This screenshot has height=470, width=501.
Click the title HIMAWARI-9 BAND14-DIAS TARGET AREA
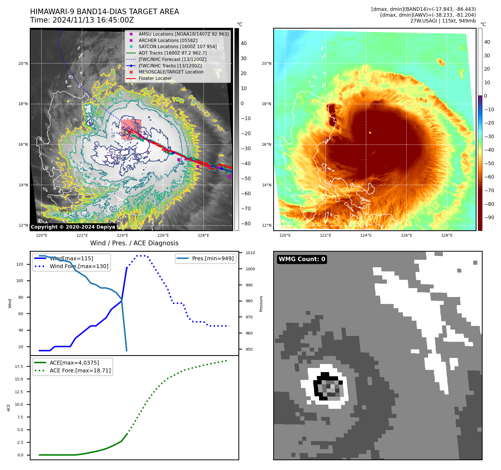pyautogui.click(x=104, y=12)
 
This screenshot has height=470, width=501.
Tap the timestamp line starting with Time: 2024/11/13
pyautogui.click(x=82, y=20)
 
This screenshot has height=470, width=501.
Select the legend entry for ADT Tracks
pyautogui.click(x=172, y=53)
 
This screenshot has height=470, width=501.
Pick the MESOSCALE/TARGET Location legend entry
pyautogui.click(x=171, y=72)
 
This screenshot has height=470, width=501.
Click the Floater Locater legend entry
pyautogui.click(x=155, y=78)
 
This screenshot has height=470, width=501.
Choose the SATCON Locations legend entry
pyautogui.click(x=177, y=46)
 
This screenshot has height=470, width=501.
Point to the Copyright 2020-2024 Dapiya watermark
pyautogui.click(x=73, y=227)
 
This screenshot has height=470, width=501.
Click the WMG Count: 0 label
pyautogui.click(x=302, y=259)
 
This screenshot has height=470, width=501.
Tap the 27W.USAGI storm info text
pyautogui.click(x=443, y=21)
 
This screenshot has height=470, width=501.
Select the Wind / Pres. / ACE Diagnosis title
pyautogui.click(x=134, y=243)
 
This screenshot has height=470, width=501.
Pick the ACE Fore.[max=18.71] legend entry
pyautogui.click(x=80, y=370)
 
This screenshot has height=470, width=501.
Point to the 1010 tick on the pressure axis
pyautogui.click(x=250, y=253)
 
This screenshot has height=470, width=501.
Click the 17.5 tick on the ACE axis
pyautogui.click(x=19, y=367)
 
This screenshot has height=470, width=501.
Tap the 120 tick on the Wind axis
pyautogui.click(x=20, y=264)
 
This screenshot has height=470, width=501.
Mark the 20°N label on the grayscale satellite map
pyautogui.click(x=23, y=63)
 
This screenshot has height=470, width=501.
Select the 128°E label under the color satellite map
pyautogui.click(x=447, y=235)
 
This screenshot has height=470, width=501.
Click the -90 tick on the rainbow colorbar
pyautogui.click(x=489, y=217)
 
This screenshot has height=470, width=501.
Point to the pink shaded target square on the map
pyautogui.click(x=131, y=129)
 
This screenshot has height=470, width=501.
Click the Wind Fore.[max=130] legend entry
pyautogui.click(x=79, y=266)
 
